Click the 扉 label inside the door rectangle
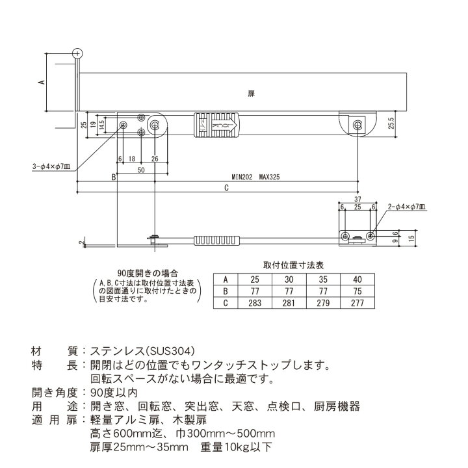click(x=252, y=94)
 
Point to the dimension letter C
click(x=226, y=188)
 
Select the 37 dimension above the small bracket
click(x=358, y=199)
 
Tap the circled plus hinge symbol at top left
click(x=77, y=53)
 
